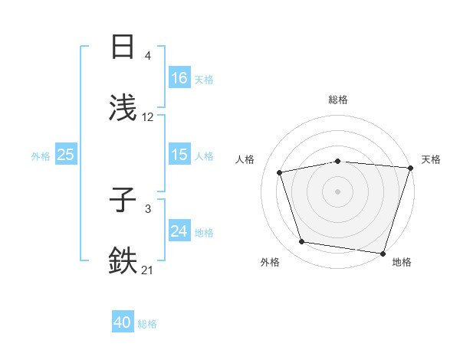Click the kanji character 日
coord(123,47)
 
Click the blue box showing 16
coord(179,78)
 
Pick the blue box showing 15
coord(179,155)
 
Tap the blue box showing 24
coord(179,231)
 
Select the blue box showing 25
coord(66,155)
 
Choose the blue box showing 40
coord(123,323)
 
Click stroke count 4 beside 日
coord(148,56)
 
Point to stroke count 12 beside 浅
coord(148,117)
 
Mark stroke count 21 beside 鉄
coord(148,270)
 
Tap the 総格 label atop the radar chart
coord(338,100)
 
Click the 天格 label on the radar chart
coord(431,159)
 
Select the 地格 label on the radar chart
coord(402,262)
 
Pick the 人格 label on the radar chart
coord(245,159)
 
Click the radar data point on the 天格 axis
coord(410,168)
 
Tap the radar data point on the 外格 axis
coord(301,242)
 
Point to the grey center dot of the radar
coord(338,191)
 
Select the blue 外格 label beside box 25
coord(41,155)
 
